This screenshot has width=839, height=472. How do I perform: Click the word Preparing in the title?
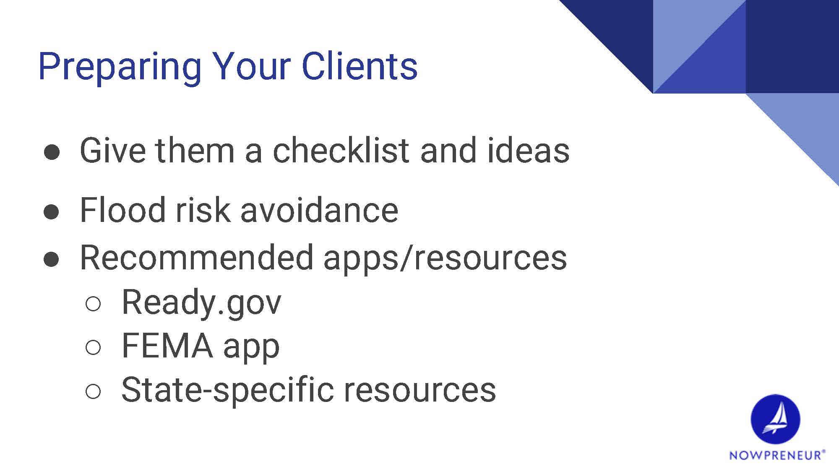(120, 67)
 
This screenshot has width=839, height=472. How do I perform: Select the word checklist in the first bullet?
(341, 150)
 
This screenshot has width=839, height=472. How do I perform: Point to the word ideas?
(528, 150)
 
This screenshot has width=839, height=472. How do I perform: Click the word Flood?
(123, 209)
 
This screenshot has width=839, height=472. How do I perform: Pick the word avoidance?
(319, 209)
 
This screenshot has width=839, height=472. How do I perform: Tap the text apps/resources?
(445, 258)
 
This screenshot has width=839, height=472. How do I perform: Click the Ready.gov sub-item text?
(201, 303)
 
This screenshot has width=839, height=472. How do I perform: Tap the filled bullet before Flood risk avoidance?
(51, 212)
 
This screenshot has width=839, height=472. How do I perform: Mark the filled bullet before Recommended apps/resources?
(51, 260)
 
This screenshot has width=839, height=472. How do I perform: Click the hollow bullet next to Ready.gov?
(93, 304)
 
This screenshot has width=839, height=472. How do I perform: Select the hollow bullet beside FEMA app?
(93, 348)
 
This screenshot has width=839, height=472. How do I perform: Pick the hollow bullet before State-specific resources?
(93, 391)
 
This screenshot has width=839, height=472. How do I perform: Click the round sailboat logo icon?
(775, 419)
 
